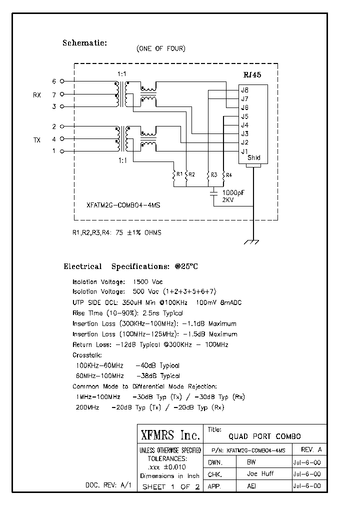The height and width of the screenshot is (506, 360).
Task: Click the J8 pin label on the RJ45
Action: [245, 90]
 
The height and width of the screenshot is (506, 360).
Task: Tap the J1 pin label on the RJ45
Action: [245, 151]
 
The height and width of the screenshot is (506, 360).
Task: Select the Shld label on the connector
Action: [254, 158]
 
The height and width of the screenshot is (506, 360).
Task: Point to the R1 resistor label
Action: [179, 174]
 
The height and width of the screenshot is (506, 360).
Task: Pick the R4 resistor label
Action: [228, 174]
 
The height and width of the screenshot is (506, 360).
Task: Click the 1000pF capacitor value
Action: [233, 192]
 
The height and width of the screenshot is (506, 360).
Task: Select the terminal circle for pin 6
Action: [62, 81]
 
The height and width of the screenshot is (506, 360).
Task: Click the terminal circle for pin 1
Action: [62, 151]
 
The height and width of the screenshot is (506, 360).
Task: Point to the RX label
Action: [37, 94]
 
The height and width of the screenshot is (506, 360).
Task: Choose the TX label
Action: [37, 140]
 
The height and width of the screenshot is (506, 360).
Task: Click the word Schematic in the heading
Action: [84, 43]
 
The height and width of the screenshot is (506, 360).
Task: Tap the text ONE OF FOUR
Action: [160, 49]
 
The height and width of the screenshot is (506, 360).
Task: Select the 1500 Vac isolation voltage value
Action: [147, 282]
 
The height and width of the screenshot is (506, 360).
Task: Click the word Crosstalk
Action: [87, 355]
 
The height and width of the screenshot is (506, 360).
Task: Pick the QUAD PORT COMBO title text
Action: [264, 436]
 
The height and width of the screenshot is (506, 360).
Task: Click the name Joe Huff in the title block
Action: [260, 474]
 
